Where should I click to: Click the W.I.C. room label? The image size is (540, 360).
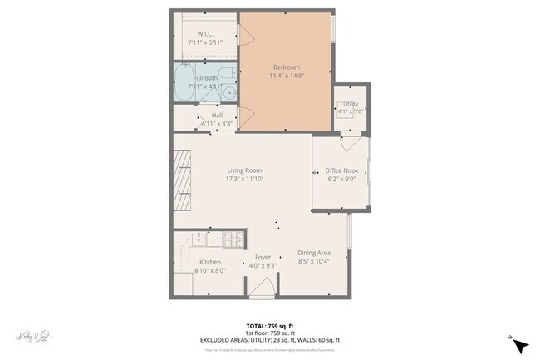pos(206,34)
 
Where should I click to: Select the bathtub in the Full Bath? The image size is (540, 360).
pos(184,83)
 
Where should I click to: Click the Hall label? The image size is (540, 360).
pos(217,116)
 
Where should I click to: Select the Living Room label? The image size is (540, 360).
pos(244,170)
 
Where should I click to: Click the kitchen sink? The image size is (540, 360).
pos(199,240)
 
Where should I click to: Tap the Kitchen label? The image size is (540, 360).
pos(209,262)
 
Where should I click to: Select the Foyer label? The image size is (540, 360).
pos(263,257)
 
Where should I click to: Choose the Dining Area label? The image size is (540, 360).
pos(314,254)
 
